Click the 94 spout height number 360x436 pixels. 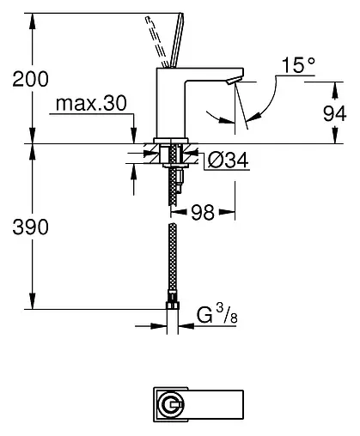pyautogui.click(x=341, y=112)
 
